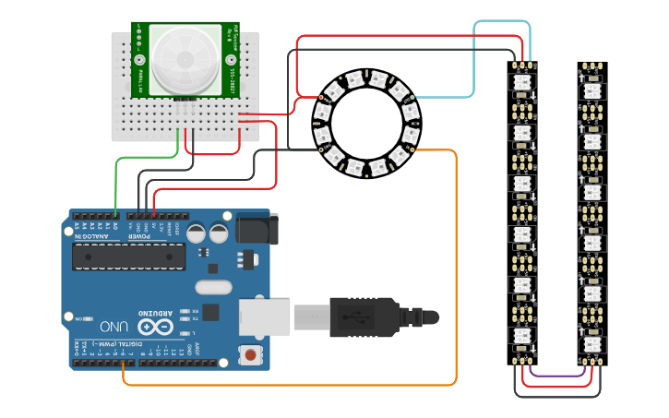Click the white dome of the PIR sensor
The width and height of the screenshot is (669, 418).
(x=185, y=60)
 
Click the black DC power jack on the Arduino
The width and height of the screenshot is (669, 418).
(x=257, y=229)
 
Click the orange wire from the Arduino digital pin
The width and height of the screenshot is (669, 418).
(x=456, y=277)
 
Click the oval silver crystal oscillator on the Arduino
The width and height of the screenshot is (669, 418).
(x=214, y=287)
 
